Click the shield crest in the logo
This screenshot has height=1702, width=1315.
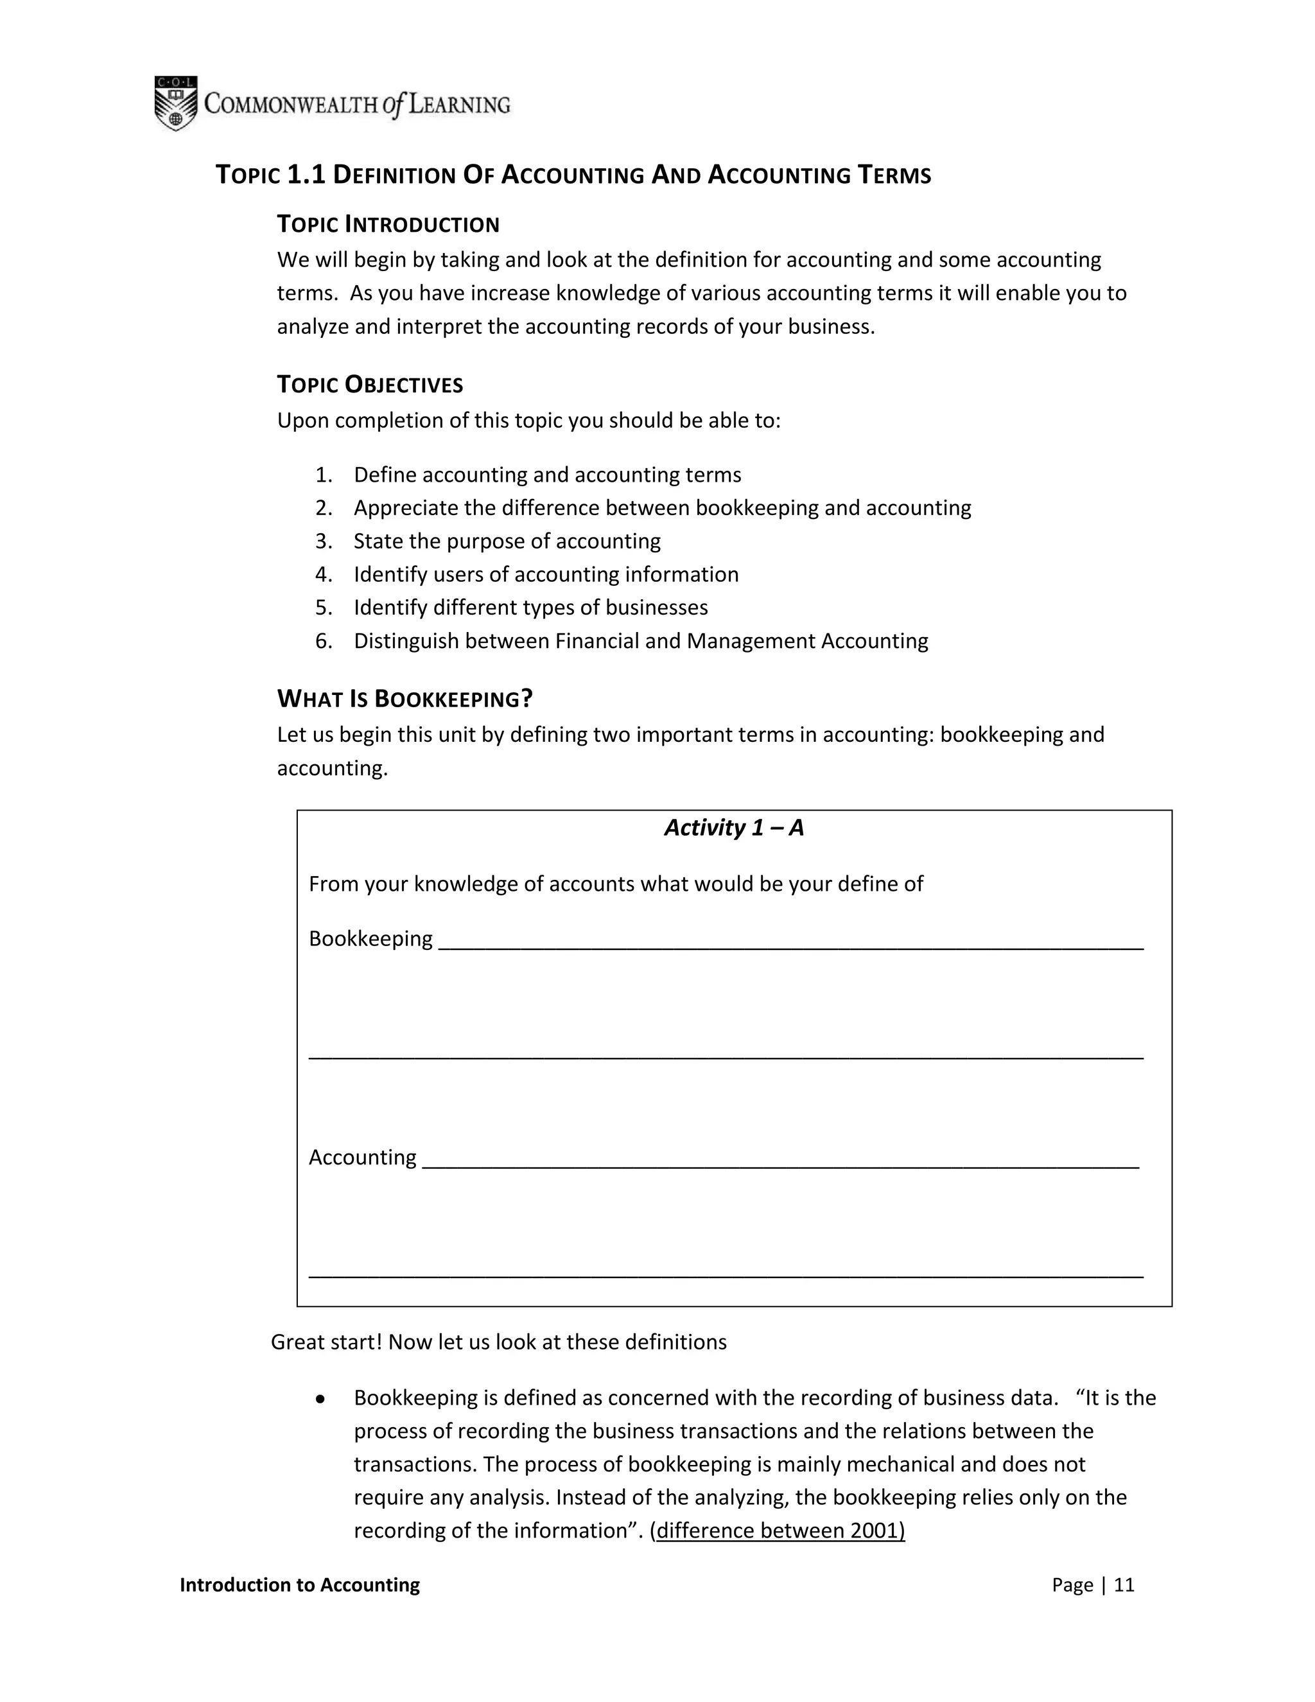point(175,103)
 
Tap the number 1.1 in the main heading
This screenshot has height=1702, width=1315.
point(306,175)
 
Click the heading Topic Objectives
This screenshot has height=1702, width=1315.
point(370,384)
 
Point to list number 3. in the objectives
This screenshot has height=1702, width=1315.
point(324,541)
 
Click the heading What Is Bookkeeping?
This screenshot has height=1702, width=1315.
point(405,698)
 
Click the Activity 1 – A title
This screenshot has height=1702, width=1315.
point(734,828)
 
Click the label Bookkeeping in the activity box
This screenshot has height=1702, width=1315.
point(370,939)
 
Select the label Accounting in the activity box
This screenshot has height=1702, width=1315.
point(362,1157)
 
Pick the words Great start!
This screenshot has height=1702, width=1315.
point(326,1342)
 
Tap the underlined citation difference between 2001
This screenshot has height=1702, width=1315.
point(779,1531)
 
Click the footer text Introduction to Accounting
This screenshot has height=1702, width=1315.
point(300,1585)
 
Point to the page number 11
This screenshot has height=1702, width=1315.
point(1124,1585)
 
